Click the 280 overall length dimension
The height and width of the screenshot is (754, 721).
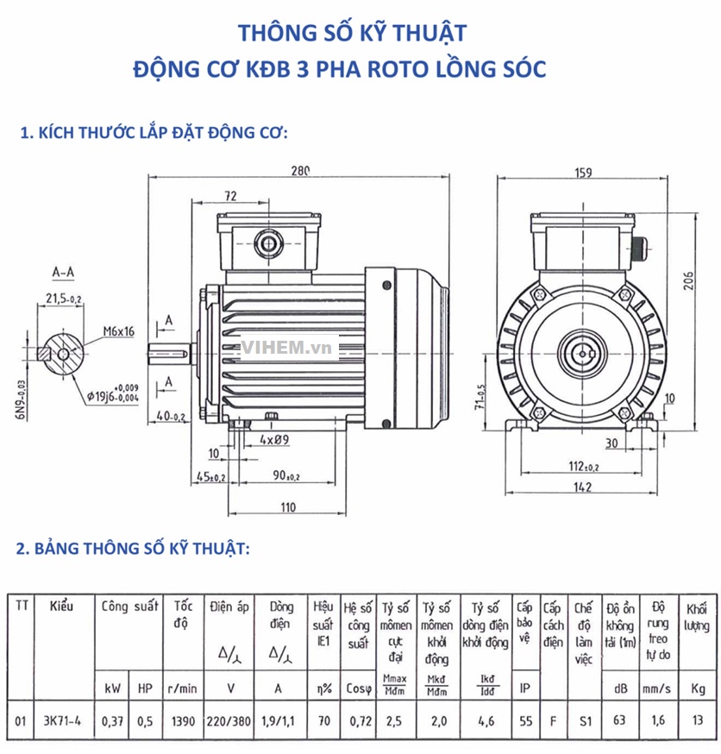(299, 171)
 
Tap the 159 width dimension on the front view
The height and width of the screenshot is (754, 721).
(583, 172)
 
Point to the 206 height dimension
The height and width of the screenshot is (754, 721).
(688, 279)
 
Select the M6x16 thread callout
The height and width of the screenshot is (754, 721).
(119, 330)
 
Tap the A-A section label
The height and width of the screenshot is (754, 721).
(63, 273)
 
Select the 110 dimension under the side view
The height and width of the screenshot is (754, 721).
(285, 506)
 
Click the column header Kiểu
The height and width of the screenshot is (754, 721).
(61, 606)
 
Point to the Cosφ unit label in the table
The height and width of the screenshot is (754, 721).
(358, 688)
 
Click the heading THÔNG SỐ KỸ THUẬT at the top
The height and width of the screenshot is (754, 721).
(352, 33)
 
